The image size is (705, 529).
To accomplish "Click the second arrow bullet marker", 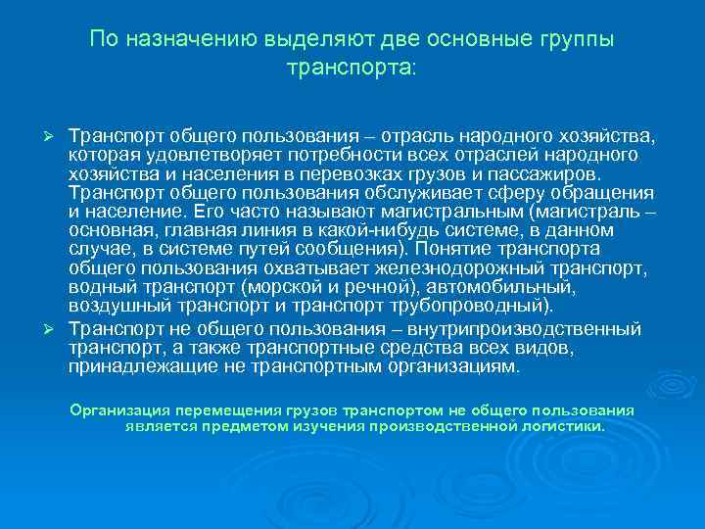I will coord(56,328).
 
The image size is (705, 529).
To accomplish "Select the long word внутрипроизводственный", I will coord(544,328).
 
